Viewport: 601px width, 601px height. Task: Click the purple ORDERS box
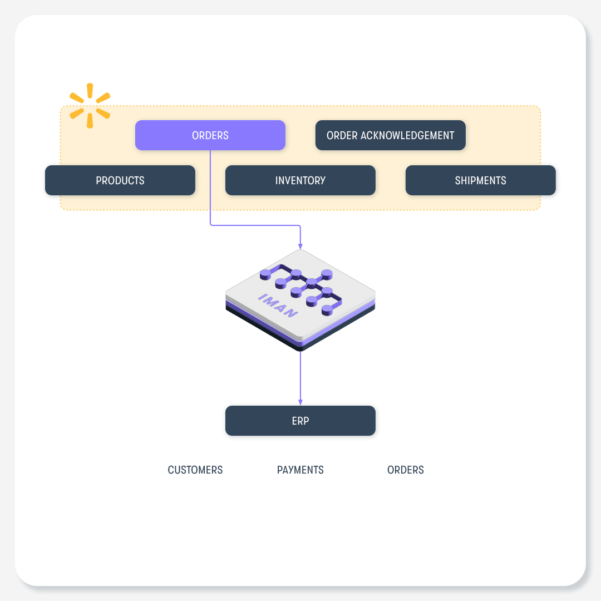pyautogui.click(x=210, y=135)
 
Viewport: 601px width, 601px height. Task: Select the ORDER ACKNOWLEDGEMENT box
pyautogui.click(x=391, y=135)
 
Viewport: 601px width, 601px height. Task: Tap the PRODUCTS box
pyautogui.click(x=120, y=180)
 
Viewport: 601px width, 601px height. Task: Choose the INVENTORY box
pyautogui.click(x=300, y=180)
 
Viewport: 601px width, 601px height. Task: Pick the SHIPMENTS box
pyautogui.click(x=481, y=180)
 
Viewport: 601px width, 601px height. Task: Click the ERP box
pyautogui.click(x=300, y=421)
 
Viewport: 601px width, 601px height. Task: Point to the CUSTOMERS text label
pyautogui.click(x=195, y=470)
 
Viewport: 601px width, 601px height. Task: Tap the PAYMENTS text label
pyautogui.click(x=300, y=470)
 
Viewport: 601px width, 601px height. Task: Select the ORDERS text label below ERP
pyautogui.click(x=406, y=470)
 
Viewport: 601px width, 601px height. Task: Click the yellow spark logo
pyautogui.click(x=90, y=105)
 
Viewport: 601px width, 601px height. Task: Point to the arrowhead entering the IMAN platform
pyautogui.click(x=300, y=246)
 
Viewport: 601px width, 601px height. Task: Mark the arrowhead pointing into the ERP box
pyautogui.click(x=300, y=402)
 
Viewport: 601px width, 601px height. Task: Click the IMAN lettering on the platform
pyautogui.click(x=278, y=306)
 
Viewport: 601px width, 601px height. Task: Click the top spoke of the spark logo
pyautogui.click(x=90, y=91)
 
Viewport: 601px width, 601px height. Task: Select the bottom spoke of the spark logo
pyautogui.click(x=90, y=121)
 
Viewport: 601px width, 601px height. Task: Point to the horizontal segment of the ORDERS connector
pyautogui.click(x=255, y=225)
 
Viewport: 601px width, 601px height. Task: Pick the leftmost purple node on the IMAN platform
pyautogui.click(x=265, y=274)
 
